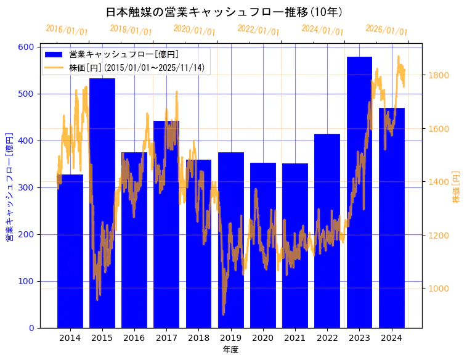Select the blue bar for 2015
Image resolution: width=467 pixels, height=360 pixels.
coord(102,203)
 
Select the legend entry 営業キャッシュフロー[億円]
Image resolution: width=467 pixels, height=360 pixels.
coord(124,55)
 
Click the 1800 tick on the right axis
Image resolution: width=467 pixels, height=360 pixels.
coord(439,75)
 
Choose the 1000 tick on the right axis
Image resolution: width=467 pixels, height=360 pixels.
coord(439,288)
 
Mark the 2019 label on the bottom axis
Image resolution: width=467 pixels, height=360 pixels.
coord(230,338)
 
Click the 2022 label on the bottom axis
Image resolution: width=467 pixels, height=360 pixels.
coord(327,338)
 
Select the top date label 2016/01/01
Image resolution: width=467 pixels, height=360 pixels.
coord(67,30)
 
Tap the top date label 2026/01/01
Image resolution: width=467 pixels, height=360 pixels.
coord(386,30)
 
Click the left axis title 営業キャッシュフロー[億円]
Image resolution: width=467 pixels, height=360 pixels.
coord(9,187)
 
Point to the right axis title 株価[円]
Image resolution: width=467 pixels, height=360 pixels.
coord(457,187)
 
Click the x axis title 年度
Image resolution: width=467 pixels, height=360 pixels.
coord(230,350)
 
